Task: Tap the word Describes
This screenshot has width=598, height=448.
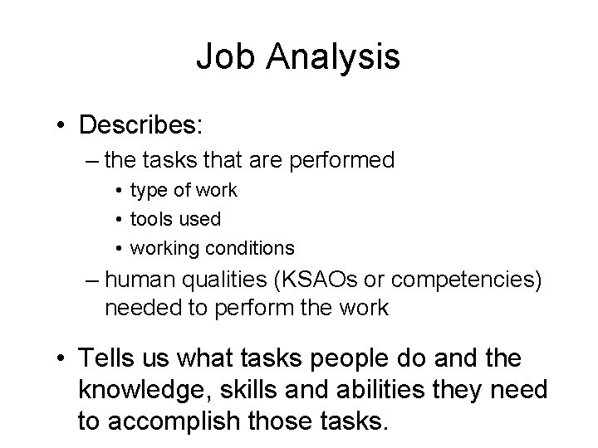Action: (x=141, y=125)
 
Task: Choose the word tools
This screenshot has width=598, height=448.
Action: (x=153, y=219)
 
